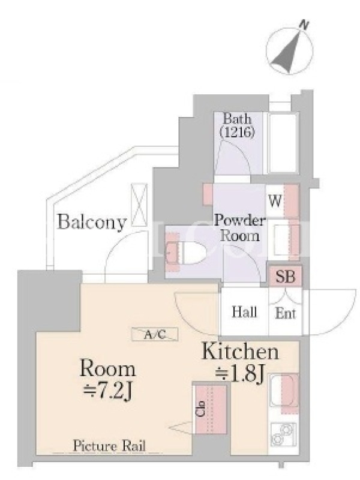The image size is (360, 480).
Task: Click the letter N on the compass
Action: click(x=304, y=25)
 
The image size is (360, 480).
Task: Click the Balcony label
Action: click(x=92, y=222)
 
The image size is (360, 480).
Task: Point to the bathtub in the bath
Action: click(x=283, y=143)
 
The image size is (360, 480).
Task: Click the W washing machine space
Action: click(x=281, y=201)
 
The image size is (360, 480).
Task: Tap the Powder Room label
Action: click(x=239, y=228)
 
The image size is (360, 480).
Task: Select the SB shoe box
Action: click(x=286, y=277)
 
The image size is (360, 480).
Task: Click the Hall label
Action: click(x=244, y=312)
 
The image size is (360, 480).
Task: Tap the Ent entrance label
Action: click(x=286, y=313)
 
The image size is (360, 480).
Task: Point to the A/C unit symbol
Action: click(x=155, y=334)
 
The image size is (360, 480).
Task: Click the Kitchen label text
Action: click(x=241, y=352)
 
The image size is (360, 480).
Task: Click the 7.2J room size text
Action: click(x=108, y=391)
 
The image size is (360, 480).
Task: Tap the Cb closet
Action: click(x=209, y=409)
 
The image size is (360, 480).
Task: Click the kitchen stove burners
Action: click(x=283, y=434)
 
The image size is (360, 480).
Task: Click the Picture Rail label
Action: click(x=109, y=446)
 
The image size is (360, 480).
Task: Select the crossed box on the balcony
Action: click(x=139, y=205)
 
